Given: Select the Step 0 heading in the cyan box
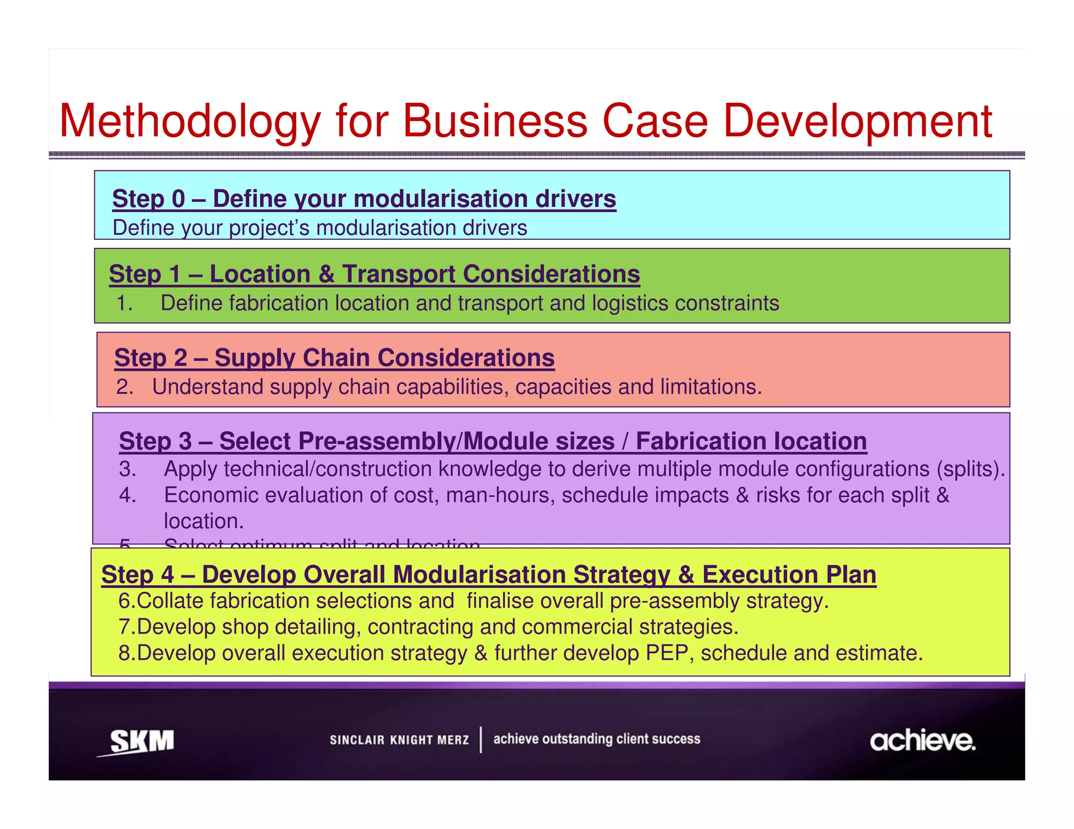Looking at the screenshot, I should coord(364,199).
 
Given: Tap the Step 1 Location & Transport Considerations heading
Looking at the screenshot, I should coord(374,274).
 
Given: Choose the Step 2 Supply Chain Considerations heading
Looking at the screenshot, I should coord(334,358).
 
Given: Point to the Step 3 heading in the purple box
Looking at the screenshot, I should coord(492,441).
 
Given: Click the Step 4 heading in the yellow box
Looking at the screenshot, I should coord(488,574).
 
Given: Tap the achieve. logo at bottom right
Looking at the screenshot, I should coord(922,741).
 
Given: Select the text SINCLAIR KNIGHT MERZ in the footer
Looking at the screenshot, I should coord(399,740).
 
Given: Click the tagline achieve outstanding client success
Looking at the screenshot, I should coord(596,739).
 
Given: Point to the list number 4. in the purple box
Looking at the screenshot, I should coord(127,495).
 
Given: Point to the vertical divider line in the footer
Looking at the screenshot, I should coord(481,740).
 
